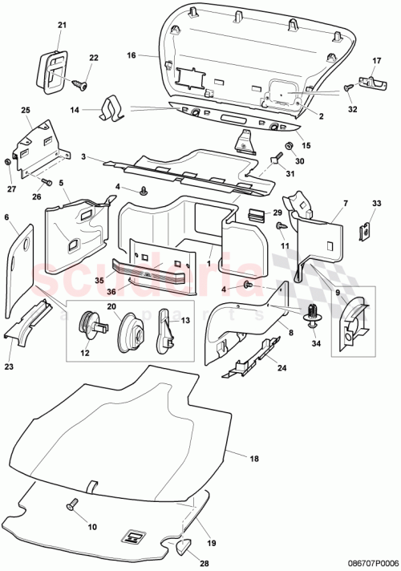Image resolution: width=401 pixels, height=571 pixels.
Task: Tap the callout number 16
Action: (131, 57)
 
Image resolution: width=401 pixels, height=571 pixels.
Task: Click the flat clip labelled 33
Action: (363, 230)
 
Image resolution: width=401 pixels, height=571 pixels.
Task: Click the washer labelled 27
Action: (8, 161)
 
